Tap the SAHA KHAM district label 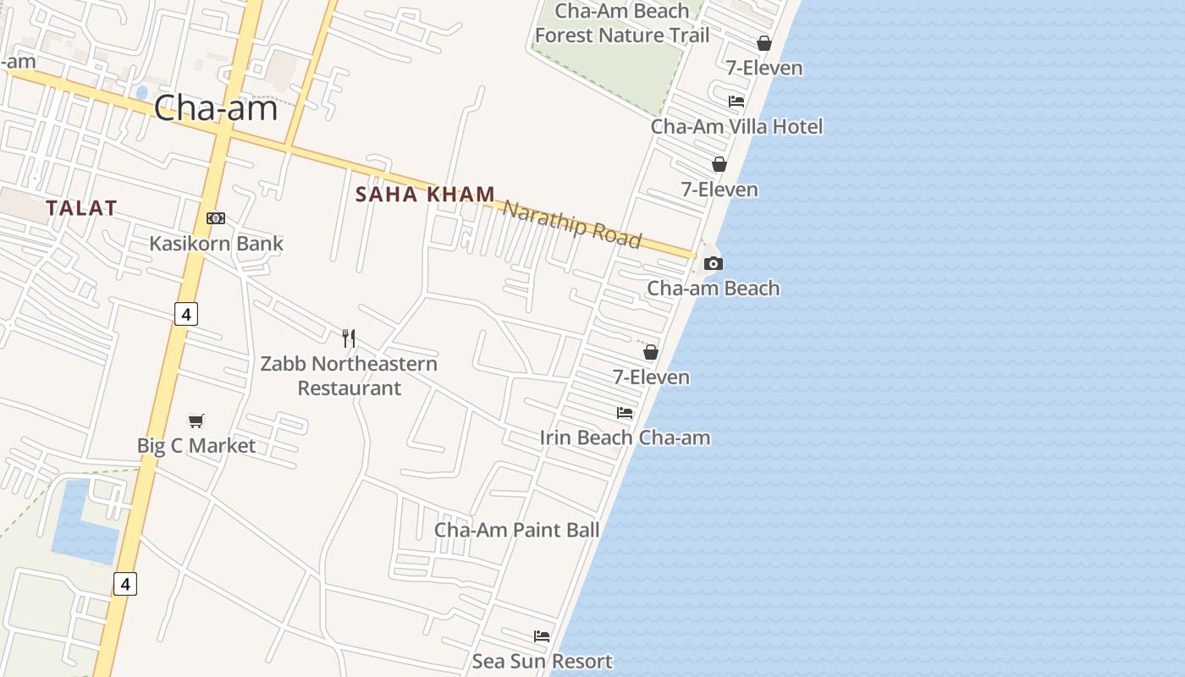click(425, 195)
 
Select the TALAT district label click(81, 208)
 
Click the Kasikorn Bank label click(216, 244)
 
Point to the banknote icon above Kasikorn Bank click(216, 218)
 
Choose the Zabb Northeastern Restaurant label click(349, 376)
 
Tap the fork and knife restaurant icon click(349, 338)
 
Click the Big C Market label click(196, 445)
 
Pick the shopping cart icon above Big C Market click(196, 421)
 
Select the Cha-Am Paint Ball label click(516, 530)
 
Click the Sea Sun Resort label click(542, 661)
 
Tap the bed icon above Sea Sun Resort click(542, 636)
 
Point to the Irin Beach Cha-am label click(625, 438)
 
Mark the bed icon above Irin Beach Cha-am click(625, 413)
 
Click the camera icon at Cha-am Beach click(714, 263)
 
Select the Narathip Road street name click(572, 224)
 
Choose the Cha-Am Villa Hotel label click(736, 126)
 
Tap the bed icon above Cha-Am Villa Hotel click(736, 102)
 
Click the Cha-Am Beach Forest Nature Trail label click(622, 24)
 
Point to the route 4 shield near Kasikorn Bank click(186, 314)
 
